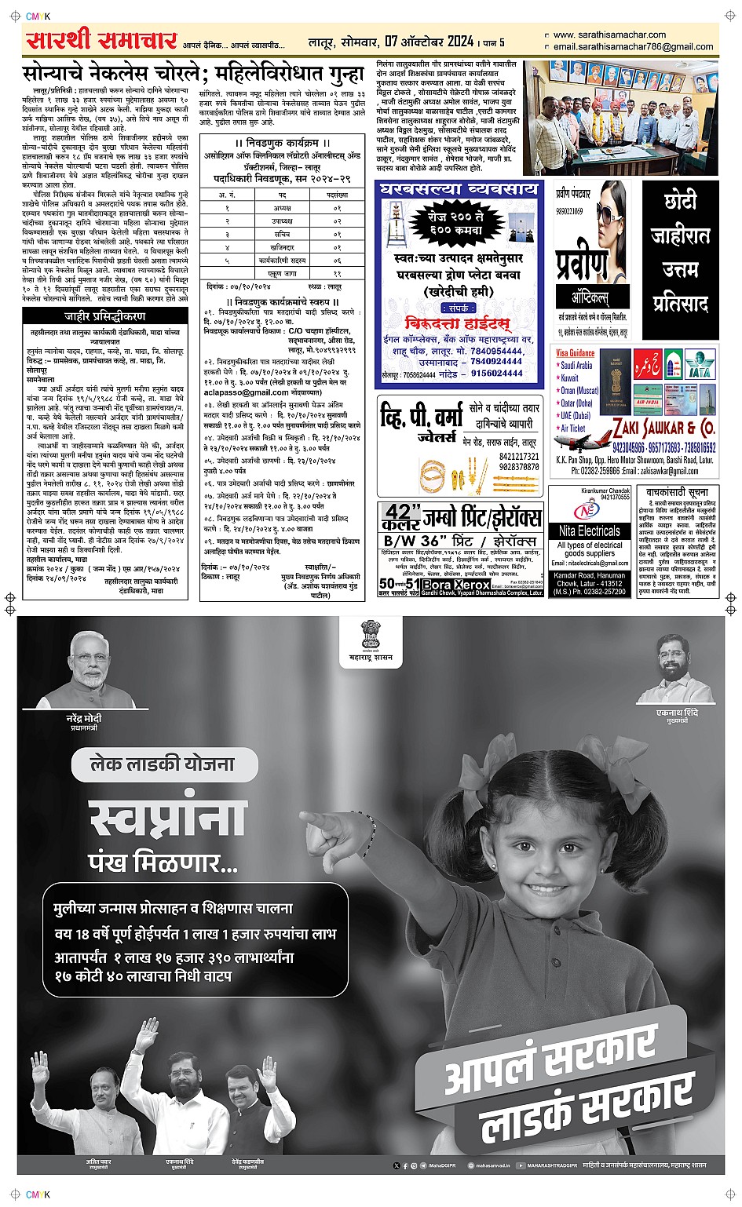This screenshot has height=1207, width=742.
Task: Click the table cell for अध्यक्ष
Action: coord(283,209)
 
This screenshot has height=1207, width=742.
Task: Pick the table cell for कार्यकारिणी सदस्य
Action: coord(283,260)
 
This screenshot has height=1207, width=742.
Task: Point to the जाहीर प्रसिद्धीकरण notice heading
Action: coord(104,316)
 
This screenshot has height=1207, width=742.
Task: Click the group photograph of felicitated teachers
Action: coord(620,118)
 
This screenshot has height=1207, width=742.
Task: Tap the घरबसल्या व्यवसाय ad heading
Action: coord(459,189)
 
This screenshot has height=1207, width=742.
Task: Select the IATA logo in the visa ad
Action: coord(699,366)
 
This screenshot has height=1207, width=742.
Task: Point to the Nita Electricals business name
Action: coord(589,531)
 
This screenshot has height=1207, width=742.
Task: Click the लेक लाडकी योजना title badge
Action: coord(163,764)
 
